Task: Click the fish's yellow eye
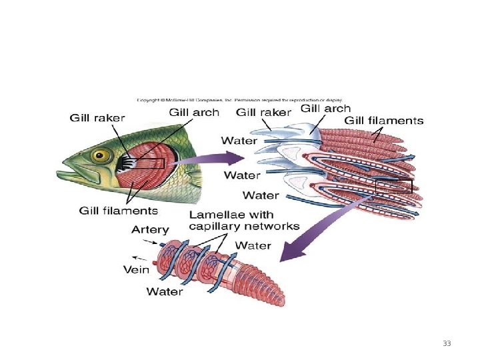pyautogui.click(x=101, y=156)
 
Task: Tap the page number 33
pyautogui.click(x=447, y=343)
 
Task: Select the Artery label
pyautogui.click(x=150, y=229)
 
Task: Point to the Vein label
pyautogui.click(x=136, y=270)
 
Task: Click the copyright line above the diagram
pyautogui.click(x=239, y=100)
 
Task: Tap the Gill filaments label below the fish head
pyautogui.click(x=118, y=211)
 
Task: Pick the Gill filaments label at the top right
pyautogui.click(x=383, y=121)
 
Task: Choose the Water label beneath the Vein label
pyautogui.click(x=165, y=291)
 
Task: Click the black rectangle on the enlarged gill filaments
pyautogui.click(x=393, y=187)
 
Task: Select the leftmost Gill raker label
pyautogui.click(x=98, y=117)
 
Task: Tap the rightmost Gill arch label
pyautogui.click(x=325, y=107)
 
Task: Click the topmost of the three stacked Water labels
pyautogui.click(x=239, y=140)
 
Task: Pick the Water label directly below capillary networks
pyautogui.click(x=253, y=245)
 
